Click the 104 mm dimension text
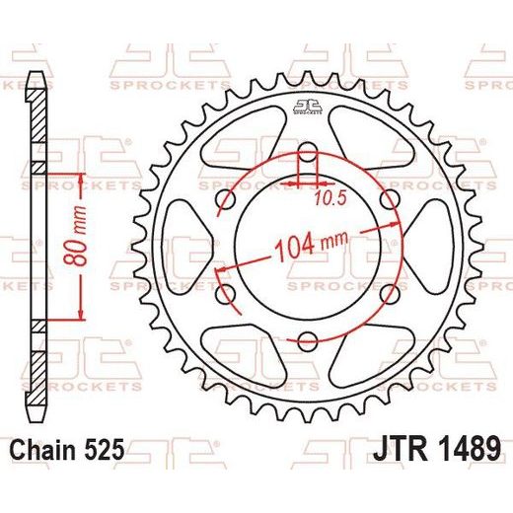[311, 246]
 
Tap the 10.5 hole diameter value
[330, 198]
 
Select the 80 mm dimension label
[76, 236]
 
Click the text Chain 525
[68, 449]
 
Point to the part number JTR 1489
[437, 448]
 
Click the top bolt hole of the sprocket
[307, 152]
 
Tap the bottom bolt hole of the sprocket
[307, 341]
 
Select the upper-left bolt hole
[226, 199]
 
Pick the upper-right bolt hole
[389, 199]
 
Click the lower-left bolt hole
[226, 294]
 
